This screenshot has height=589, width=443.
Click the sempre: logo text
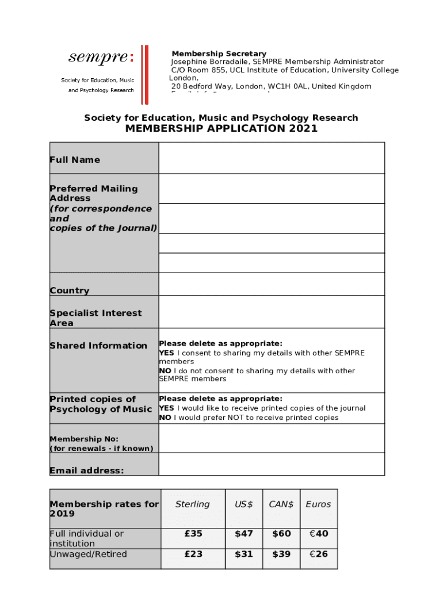tap(101, 58)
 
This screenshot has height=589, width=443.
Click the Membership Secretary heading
tap(219, 53)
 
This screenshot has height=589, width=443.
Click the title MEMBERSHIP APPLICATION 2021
tap(221, 129)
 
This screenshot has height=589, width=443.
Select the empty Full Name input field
tap(272, 159)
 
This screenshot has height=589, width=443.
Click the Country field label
tap(70, 290)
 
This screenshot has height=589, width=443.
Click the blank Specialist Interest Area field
tap(272, 312)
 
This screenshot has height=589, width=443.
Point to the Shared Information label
tap(98, 346)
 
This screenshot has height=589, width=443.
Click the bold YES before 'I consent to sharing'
tap(166, 353)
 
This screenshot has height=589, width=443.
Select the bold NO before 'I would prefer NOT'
tap(165, 418)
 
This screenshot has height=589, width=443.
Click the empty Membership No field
tap(272, 438)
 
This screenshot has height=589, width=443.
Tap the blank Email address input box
tap(272, 464)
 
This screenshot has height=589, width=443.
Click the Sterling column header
tap(192, 504)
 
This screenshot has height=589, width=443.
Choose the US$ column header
tap(244, 504)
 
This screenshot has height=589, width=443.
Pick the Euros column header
tap(318, 504)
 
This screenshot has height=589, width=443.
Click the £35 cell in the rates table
tap(193, 534)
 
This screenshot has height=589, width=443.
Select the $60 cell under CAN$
tap(281, 534)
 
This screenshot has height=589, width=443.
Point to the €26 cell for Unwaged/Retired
tap(318, 554)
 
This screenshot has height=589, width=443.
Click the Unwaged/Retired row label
tap(88, 554)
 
